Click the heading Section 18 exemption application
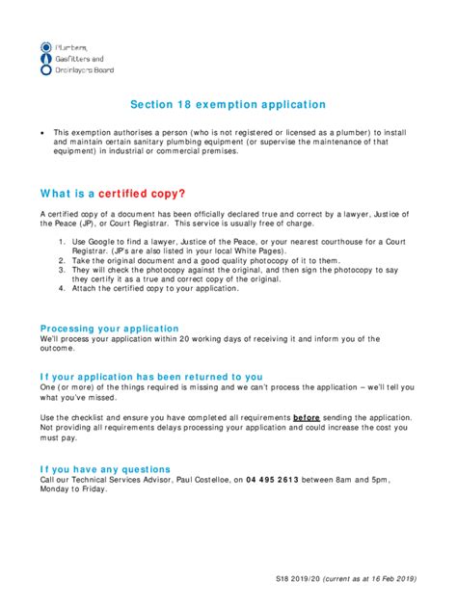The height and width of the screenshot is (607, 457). coord(228,105)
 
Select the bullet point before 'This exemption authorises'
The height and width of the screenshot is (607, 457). coord(42,132)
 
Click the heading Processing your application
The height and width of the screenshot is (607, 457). coord(109,328)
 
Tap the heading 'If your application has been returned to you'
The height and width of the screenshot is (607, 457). coord(151,376)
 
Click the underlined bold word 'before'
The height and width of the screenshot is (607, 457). coord(306,417)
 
